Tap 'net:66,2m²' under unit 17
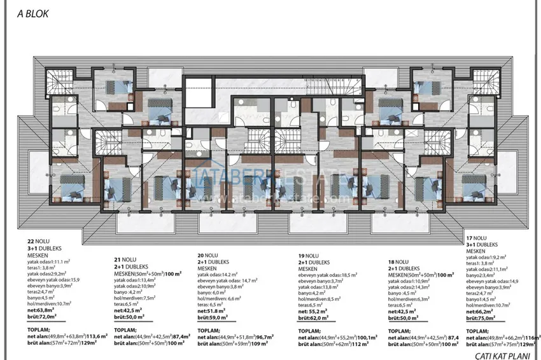click(x=480, y=311)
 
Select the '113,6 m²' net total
click(x=92, y=338)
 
